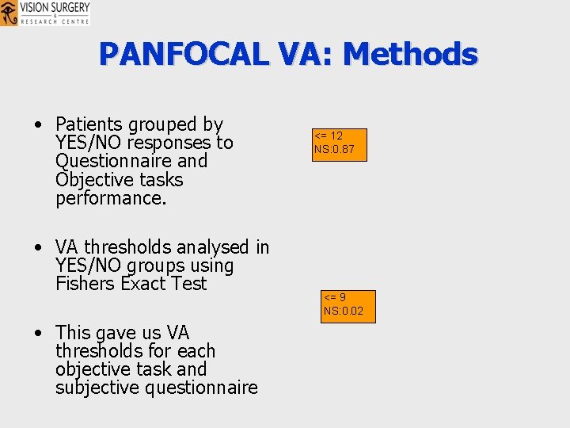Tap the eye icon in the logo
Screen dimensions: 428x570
[x=9, y=13]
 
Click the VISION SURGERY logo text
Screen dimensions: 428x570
[x=54, y=7]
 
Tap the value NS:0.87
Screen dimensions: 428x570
[x=334, y=149]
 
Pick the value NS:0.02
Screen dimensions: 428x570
[x=344, y=311]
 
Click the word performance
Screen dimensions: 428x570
[x=111, y=197]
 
